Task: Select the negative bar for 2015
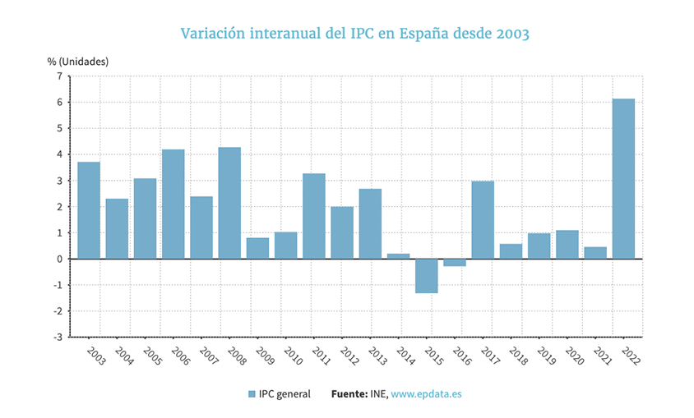[x=426, y=276]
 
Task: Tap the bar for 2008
[x=229, y=203]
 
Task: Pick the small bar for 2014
[x=398, y=256]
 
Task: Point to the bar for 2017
[x=483, y=220]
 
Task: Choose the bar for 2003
[x=89, y=210]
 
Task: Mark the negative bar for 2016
[x=455, y=263]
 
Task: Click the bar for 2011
[x=314, y=216]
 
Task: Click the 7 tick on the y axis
[x=59, y=76]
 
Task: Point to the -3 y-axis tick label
[x=58, y=338]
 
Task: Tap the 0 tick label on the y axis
[x=59, y=260]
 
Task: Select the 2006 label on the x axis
[x=179, y=356]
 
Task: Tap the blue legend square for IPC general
[x=252, y=394]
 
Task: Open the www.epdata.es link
[x=426, y=394]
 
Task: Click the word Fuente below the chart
[x=349, y=394]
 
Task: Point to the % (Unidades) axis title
[x=78, y=61]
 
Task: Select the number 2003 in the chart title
[x=511, y=34]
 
